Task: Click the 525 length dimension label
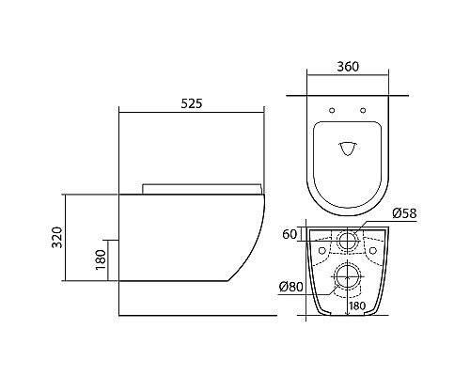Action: click(192, 103)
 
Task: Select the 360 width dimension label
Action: click(348, 67)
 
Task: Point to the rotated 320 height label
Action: click(57, 237)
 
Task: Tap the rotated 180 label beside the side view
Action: click(101, 260)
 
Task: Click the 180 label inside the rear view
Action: click(357, 305)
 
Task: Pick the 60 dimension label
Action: click(290, 234)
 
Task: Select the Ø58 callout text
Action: click(404, 213)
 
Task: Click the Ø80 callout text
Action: click(291, 287)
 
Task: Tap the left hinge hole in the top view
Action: click(332, 110)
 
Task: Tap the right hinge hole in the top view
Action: click(363, 110)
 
